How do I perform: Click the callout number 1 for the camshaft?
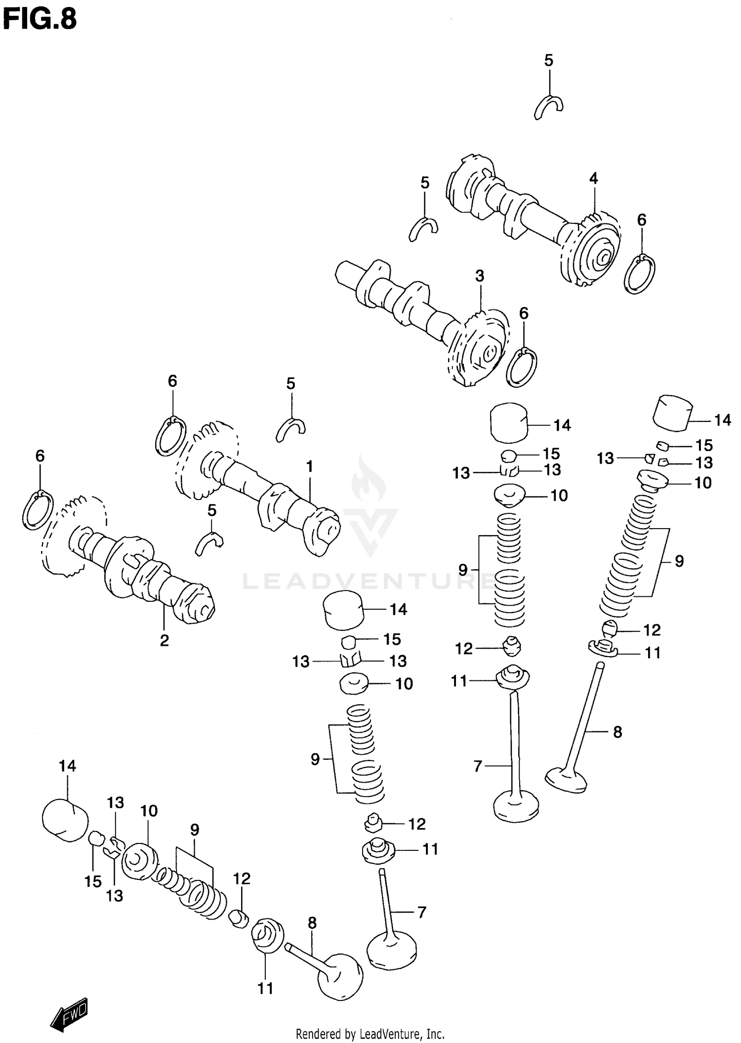309,466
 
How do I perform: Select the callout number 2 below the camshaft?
164,640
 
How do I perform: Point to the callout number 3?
480,276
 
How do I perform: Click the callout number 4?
593,178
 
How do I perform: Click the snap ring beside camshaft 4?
639,275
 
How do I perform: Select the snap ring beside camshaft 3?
522,368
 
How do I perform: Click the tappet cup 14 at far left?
65,820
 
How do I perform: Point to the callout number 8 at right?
617,732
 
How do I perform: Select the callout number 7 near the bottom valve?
421,912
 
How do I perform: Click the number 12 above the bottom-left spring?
242,878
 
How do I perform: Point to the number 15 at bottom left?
93,881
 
